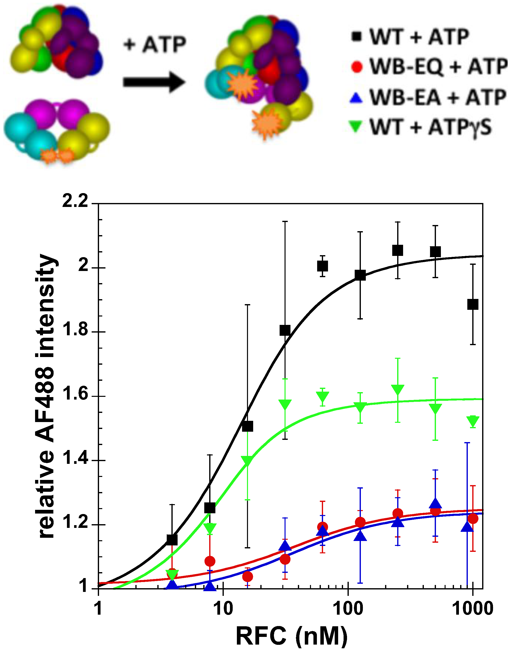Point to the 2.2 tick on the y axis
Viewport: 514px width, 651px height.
(75, 201)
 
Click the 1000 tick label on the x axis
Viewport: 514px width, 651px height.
(473, 608)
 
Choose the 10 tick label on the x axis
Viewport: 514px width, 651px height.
(223, 608)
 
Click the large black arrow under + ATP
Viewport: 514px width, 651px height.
(153, 82)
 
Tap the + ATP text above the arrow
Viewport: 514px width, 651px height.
(155, 45)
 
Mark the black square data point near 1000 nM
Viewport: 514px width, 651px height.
(473, 305)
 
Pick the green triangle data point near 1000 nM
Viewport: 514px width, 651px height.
(473, 421)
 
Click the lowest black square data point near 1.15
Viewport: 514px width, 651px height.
(172, 539)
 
